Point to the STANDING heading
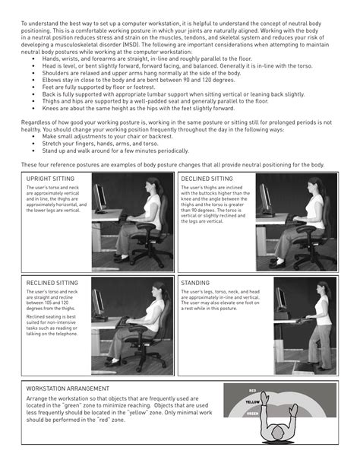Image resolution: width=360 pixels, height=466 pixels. pos(196,282)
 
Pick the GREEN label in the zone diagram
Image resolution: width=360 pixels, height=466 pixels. pos(254,415)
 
